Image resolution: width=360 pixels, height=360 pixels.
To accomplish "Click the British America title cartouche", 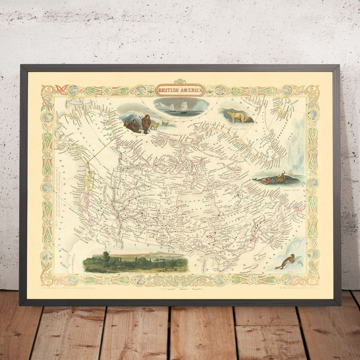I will coord(180,90).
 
